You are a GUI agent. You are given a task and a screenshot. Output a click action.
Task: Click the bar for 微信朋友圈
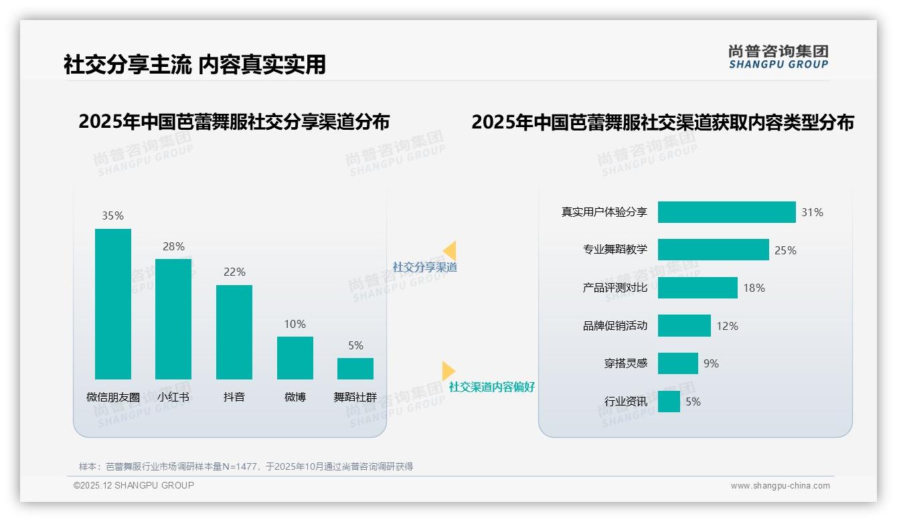pos(113,304)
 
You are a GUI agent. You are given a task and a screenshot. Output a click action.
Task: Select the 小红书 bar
pos(173,319)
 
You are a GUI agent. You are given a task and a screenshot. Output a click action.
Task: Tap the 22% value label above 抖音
pos(234,272)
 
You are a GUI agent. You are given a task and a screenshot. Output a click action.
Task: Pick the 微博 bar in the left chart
pos(295,357)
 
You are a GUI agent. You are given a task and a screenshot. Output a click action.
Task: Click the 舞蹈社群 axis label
pos(355,397)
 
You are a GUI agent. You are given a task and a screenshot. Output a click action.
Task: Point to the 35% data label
pos(112,215)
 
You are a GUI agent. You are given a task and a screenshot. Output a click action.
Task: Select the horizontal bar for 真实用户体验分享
pos(726,212)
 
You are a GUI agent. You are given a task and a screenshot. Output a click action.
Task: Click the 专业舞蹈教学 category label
pos(615,250)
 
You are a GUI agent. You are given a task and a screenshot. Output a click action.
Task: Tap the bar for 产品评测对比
pos(698,288)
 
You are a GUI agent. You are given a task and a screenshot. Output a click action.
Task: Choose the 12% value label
pos(727,326)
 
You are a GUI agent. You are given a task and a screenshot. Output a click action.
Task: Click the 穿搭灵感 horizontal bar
pos(677,363)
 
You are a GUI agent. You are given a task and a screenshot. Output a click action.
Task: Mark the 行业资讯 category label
pos(625,402)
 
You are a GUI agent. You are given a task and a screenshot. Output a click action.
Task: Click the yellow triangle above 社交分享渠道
pos(450,251)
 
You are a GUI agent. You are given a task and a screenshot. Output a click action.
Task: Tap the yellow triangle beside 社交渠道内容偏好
pos(448,371)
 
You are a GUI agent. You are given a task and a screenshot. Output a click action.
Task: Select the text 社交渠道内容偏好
pos(491,387)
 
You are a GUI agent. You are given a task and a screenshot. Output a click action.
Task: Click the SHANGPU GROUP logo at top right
pos(778,56)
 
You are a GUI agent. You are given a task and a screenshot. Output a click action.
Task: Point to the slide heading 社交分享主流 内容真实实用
pos(194,64)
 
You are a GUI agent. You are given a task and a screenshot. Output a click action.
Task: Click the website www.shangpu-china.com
pos(780,486)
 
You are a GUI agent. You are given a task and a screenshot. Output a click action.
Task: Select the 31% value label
pos(812,212)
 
